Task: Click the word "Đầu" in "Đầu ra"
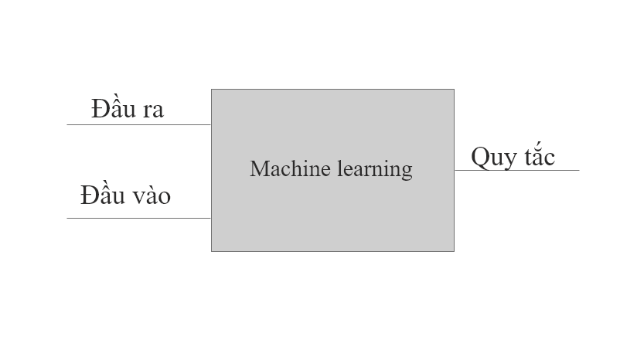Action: pyautogui.click(x=113, y=108)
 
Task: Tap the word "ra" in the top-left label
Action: pyautogui.click(x=152, y=110)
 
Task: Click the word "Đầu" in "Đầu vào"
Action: pyautogui.click(x=102, y=195)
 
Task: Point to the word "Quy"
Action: pyautogui.click(x=492, y=158)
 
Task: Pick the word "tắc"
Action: pyautogui.click(x=538, y=156)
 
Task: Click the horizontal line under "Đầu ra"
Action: pyautogui.click(x=139, y=124)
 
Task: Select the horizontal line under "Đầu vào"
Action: pyautogui.click(x=139, y=218)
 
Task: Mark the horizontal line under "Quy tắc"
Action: pyautogui.click(x=516, y=170)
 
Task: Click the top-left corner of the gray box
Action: pyautogui.click(x=212, y=90)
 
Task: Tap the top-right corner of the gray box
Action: pyautogui.click(x=454, y=90)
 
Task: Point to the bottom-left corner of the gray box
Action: pyautogui.click(x=212, y=251)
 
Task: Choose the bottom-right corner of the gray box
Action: pyautogui.click(x=454, y=251)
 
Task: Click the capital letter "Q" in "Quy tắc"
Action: pyautogui.click(x=480, y=157)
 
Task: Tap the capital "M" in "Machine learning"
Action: pyautogui.click(x=258, y=168)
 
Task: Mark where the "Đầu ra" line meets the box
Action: pyautogui.click(x=211, y=124)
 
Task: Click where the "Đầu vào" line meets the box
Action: pyautogui.click(x=211, y=218)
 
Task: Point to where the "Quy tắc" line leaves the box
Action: pyautogui.click(x=455, y=170)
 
